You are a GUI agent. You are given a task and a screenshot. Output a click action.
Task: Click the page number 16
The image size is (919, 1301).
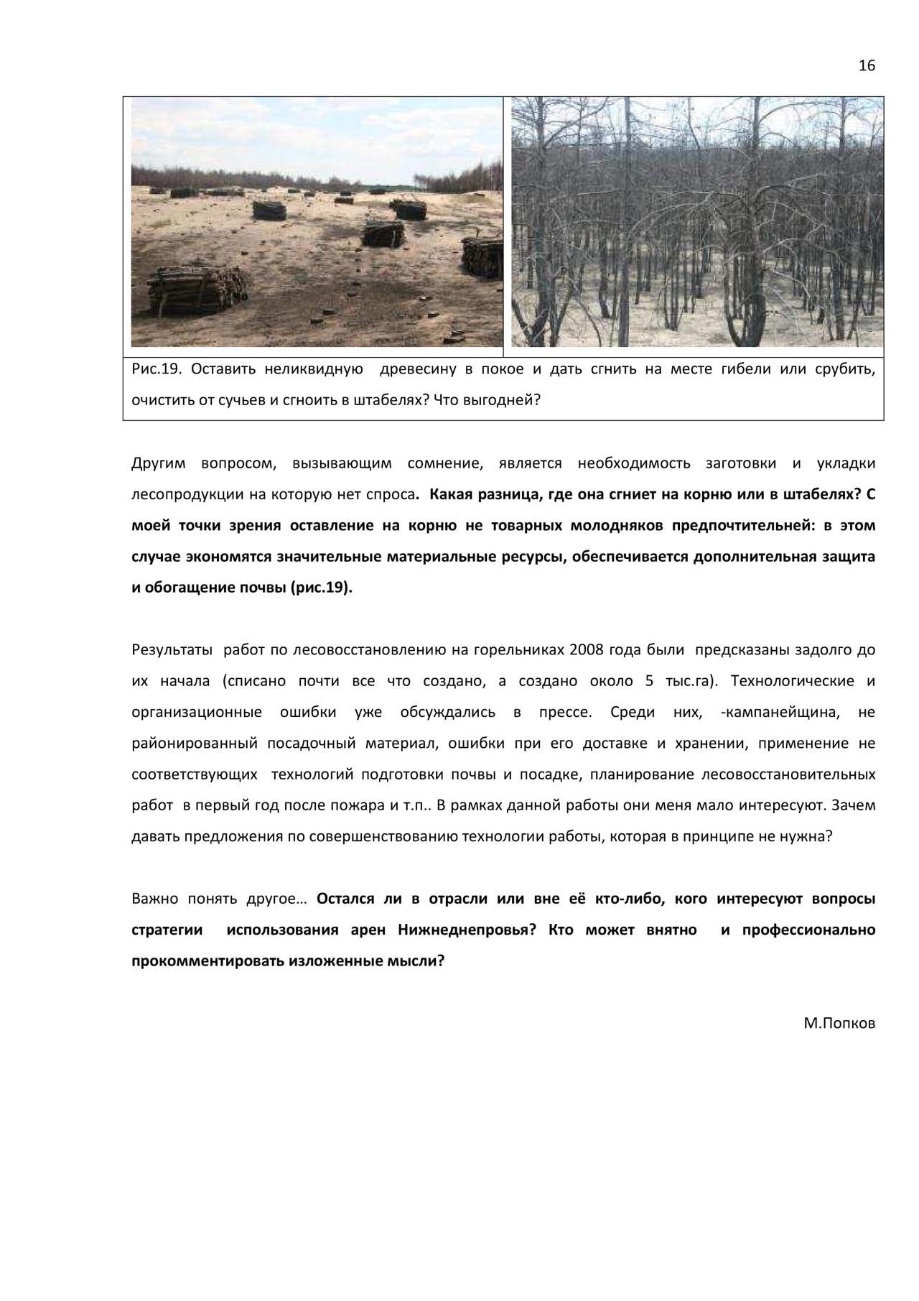click(867, 66)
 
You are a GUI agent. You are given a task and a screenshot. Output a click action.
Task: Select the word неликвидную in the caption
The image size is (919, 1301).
click(313, 369)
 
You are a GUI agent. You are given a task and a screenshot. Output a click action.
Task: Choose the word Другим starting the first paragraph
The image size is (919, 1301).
click(159, 463)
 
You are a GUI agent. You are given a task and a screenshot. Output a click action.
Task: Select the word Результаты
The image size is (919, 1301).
click(172, 650)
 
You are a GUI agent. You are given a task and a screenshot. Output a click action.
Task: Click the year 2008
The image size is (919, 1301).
click(586, 650)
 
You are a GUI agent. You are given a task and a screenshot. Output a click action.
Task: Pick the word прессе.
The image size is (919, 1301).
click(565, 713)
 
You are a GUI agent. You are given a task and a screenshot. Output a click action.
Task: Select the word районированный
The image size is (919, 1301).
click(194, 744)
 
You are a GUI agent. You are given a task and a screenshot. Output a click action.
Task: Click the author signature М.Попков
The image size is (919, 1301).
click(839, 1024)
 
